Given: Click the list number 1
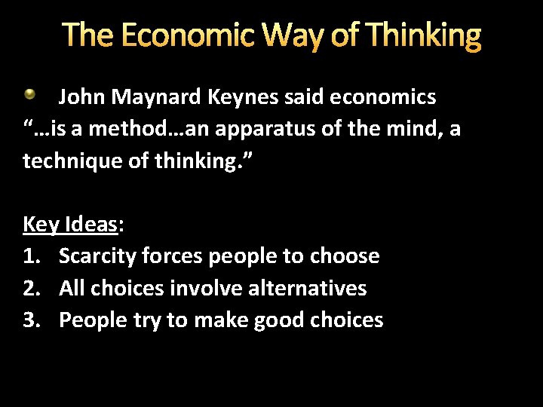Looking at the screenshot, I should [x=30, y=256].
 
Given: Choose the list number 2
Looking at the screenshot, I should [x=30, y=288].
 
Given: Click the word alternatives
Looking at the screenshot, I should [x=312, y=288].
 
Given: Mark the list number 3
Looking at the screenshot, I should [x=30, y=320].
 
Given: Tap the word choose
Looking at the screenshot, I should [x=343, y=256].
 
